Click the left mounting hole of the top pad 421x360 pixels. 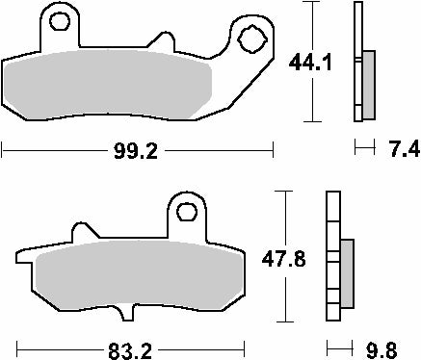point(63,22)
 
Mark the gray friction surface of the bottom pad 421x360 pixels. point(135,279)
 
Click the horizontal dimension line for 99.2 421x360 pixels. point(58,149)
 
